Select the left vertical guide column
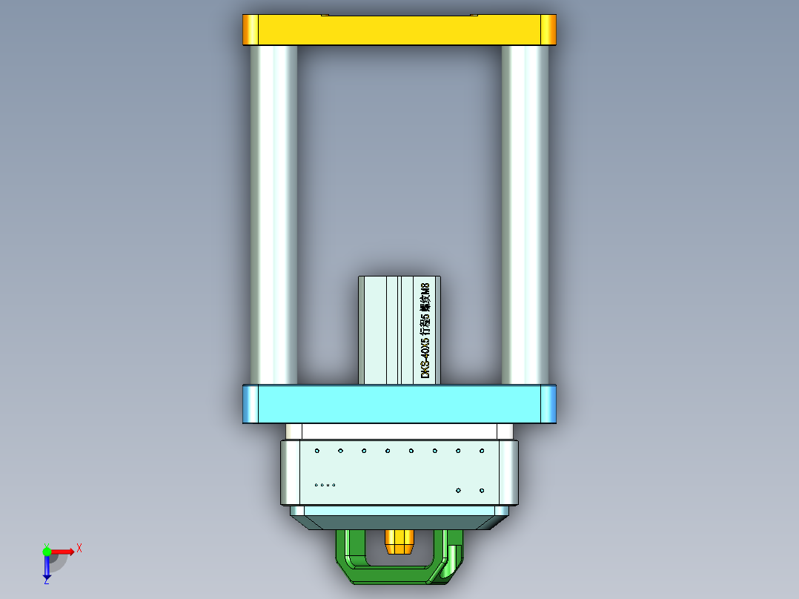pos(273,215)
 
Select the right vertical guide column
pos(525,215)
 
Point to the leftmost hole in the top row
pos(317,451)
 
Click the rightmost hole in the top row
pos(482,451)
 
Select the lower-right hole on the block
pos(482,490)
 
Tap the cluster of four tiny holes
pos(325,485)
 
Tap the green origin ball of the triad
pos(47,551)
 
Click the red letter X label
pos(79,548)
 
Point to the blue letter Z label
pos(46,582)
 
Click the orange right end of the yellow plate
pos(548,30)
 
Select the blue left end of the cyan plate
pos(251,404)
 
